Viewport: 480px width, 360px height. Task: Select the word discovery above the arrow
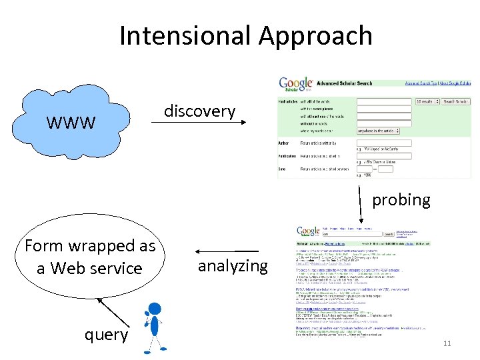coord(200,111)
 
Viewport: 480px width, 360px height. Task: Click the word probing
coord(401,199)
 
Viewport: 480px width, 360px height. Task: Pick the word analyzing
coord(233,266)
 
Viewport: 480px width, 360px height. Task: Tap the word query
coord(106,334)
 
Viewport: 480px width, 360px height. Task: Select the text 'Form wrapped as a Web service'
coord(90,257)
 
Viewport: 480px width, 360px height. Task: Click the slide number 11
coord(447,344)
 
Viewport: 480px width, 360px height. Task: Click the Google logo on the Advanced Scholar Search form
coord(295,85)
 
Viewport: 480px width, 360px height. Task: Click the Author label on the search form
coord(283,143)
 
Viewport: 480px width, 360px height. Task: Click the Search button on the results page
coord(388,234)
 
